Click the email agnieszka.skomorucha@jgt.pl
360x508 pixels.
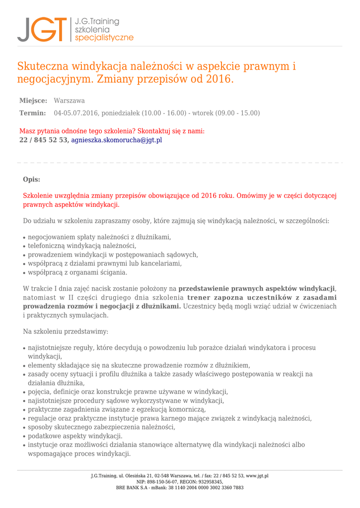pos(116,140)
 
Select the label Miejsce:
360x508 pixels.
pos(33,101)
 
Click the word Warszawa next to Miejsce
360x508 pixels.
pos(70,101)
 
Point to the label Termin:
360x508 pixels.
pos(33,113)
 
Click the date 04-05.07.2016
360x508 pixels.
pos(76,113)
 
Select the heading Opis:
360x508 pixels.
pos(32,179)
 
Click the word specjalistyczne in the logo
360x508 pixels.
pos(104,38)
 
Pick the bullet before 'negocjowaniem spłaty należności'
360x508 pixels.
pos(24,238)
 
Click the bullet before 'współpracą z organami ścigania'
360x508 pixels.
pos(24,273)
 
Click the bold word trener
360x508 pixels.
pos(199,298)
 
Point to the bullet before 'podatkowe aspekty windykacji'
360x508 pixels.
pos(24,437)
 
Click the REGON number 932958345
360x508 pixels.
pos(210,482)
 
